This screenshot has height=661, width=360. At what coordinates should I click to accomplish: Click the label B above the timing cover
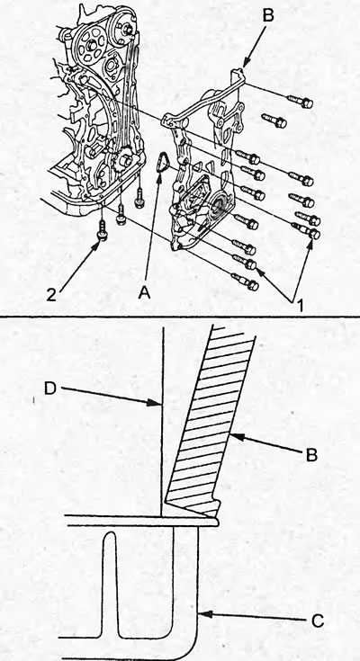point(268,14)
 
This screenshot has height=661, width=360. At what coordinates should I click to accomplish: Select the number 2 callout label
point(51,296)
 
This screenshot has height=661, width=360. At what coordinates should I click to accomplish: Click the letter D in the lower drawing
point(50,389)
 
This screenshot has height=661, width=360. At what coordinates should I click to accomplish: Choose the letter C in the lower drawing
point(318,621)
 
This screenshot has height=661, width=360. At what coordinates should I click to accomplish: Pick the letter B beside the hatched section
point(311,455)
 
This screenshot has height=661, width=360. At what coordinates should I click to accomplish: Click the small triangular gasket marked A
point(162,163)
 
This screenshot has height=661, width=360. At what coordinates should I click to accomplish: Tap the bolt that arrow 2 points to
point(102,230)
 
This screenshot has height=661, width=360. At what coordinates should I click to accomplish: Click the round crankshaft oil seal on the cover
point(221,204)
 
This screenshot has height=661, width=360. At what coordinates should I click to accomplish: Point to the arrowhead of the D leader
point(155,404)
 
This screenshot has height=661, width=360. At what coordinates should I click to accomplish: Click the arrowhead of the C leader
point(205,614)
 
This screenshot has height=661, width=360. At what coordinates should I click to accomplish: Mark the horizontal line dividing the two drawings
point(180,317)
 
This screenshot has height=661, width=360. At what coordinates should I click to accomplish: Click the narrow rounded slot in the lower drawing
point(111,583)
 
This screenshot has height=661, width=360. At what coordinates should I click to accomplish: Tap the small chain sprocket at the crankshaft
point(126,162)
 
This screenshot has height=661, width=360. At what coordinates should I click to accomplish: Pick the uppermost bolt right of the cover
point(300,101)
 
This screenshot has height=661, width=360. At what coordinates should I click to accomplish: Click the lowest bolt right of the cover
point(246,282)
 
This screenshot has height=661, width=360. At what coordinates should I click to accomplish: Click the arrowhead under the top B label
point(247,63)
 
